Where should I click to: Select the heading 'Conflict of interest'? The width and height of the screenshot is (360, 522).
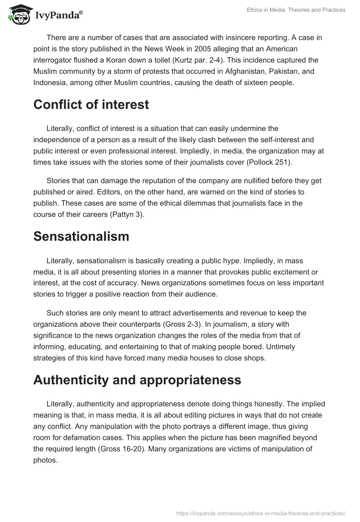coord(91,105)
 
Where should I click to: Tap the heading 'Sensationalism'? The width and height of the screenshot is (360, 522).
coord(81,236)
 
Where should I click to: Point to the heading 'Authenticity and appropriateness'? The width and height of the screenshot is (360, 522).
coord(137,380)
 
